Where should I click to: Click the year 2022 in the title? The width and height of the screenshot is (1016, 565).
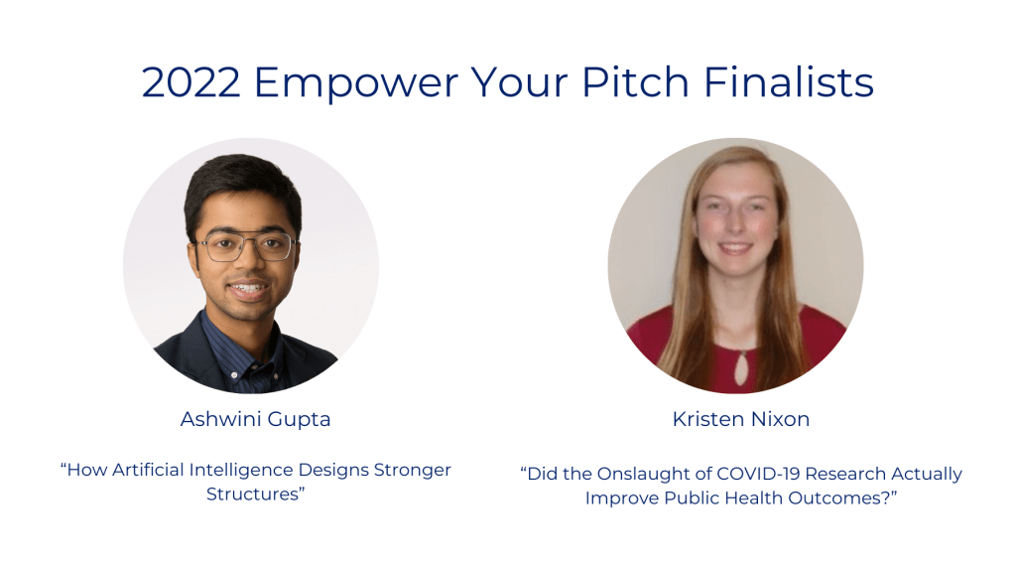191,82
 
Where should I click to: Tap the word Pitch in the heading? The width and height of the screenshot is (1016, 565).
636,81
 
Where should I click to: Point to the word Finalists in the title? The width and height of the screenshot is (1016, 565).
789,81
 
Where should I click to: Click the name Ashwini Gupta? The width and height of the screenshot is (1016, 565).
255,420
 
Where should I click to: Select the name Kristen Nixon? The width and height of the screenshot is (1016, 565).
740,419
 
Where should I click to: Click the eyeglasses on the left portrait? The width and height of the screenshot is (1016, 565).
247,246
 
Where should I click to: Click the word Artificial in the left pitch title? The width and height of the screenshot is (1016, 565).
149,470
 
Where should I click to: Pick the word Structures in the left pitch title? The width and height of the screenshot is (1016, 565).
252,494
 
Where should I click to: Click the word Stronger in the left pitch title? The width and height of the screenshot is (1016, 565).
413,471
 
